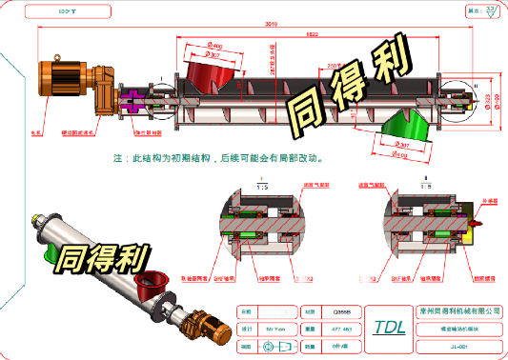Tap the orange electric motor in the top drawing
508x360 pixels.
tap(63, 75)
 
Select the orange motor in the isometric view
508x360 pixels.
tap(212, 329)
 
